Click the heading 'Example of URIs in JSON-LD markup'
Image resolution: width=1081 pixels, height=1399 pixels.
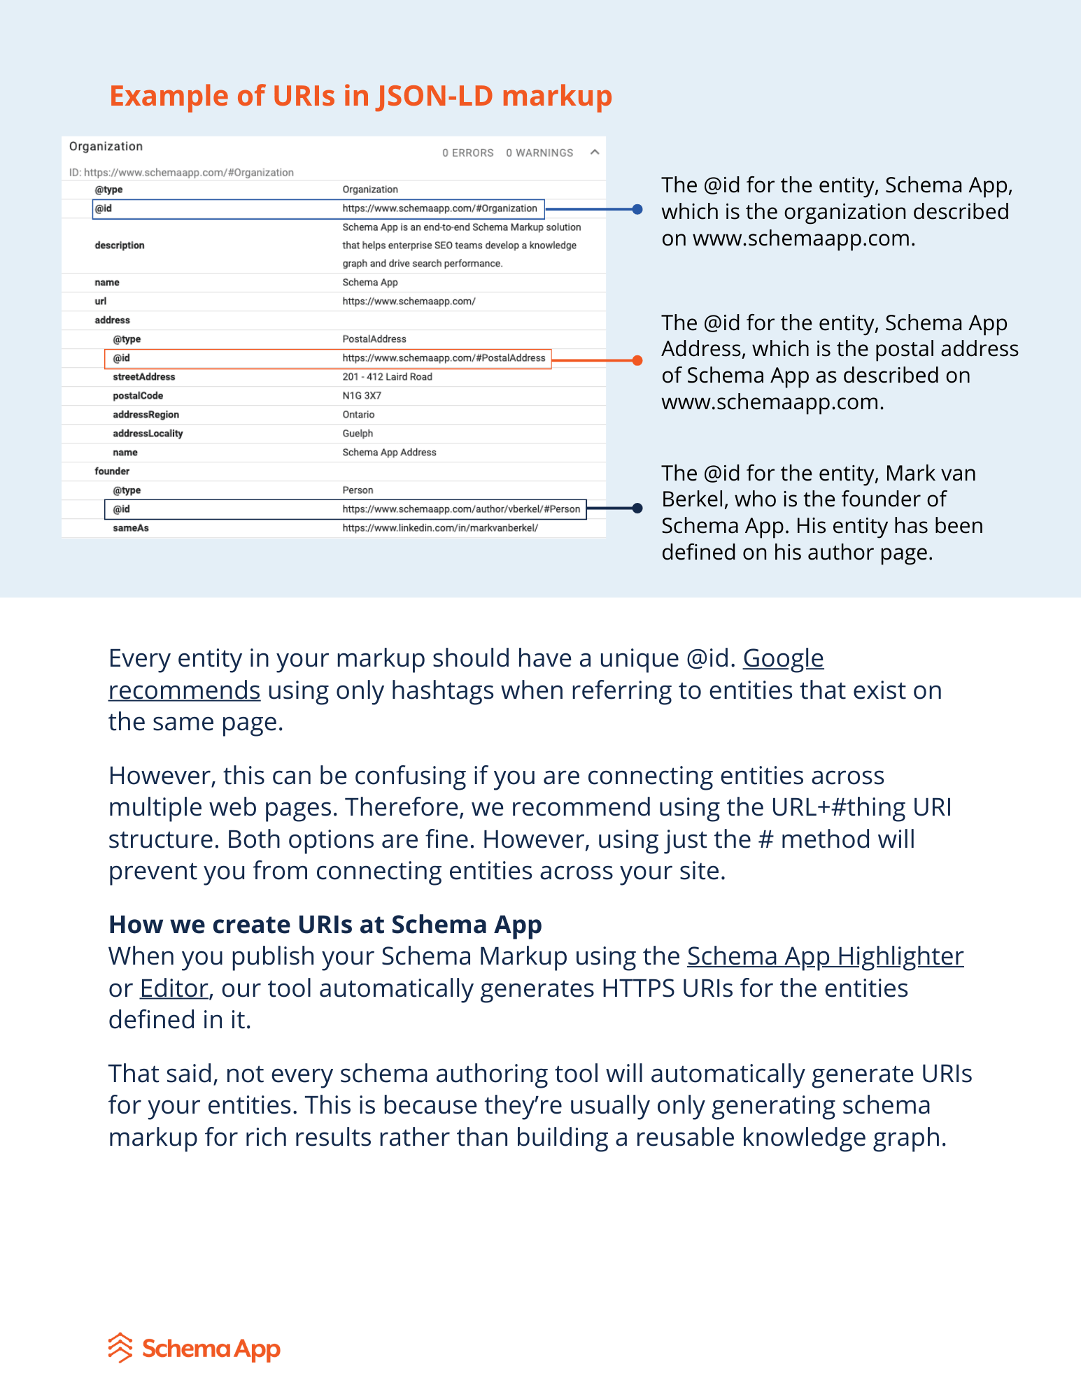pos(360,96)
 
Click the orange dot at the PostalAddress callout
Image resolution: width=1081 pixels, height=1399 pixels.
pos(637,360)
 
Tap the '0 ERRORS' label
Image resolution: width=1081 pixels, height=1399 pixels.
pos(467,153)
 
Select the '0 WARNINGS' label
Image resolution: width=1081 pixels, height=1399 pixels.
pos(539,153)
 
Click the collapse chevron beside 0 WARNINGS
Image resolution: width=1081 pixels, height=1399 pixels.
pos(595,152)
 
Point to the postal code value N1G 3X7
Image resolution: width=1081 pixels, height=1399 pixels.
pos(362,396)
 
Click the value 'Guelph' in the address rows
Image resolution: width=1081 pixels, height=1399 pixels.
pos(358,434)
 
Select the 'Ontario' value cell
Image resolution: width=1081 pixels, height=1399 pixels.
pos(358,415)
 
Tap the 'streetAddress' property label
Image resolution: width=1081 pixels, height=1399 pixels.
pos(144,377)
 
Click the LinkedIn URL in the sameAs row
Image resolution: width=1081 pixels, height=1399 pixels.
pos(440,528)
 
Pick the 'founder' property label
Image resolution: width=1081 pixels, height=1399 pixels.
pos(112,471)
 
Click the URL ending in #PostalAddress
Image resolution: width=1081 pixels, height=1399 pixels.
pos(444,358)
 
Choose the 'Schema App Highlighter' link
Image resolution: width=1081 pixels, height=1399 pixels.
pos(825,956)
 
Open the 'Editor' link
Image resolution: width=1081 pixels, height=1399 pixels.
pos(174,988)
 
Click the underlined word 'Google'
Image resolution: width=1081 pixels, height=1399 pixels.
pos(783,658)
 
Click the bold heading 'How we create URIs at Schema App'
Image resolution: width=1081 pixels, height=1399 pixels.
pos(325,925)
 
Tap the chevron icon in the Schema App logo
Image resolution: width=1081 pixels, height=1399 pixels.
pos(120,1347)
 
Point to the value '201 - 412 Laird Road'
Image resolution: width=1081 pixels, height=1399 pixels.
pos(387,377)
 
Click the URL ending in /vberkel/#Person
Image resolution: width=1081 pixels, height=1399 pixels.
pos(461,509)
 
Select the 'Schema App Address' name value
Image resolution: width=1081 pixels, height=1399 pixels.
pos(389,453)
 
